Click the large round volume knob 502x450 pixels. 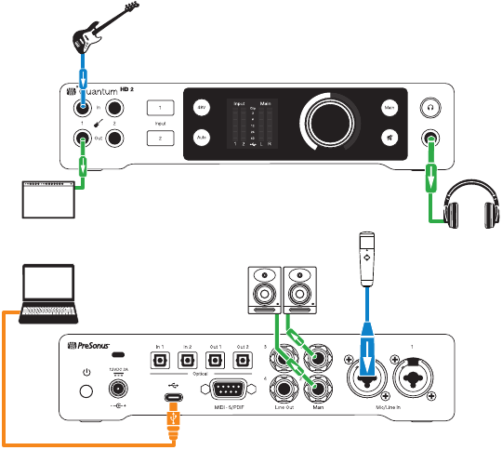pyautogui.click(x=324, y=122)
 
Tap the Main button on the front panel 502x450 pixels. pyautogui.click(x=391, y=108)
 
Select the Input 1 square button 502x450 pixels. pyautogui.click(x=160, y=107)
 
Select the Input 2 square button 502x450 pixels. pyautogui.click(x=160, y=137)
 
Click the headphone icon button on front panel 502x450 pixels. pyautogui.click(x=430, y=108)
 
